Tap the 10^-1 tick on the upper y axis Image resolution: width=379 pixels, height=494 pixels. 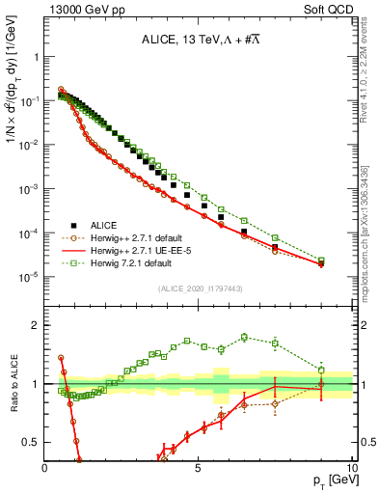[31, 100]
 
